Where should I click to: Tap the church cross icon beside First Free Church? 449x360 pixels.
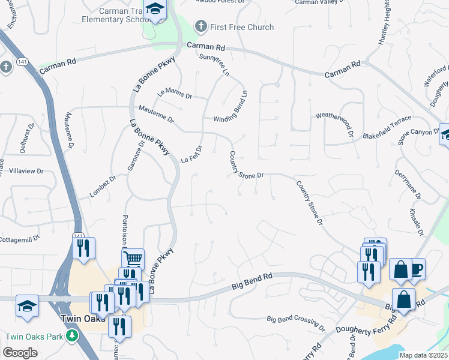(x=201, y=27)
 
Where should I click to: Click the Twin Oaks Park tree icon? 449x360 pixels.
(x=72, y=335)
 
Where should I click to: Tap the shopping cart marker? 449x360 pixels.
(x=133, y=259)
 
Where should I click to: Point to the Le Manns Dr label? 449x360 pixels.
(x=174, y=94)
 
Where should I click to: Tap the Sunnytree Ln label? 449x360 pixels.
(x=214, y=64)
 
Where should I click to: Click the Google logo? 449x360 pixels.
(x=20, y=353)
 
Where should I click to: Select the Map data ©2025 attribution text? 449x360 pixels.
(x=423, y=355)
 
